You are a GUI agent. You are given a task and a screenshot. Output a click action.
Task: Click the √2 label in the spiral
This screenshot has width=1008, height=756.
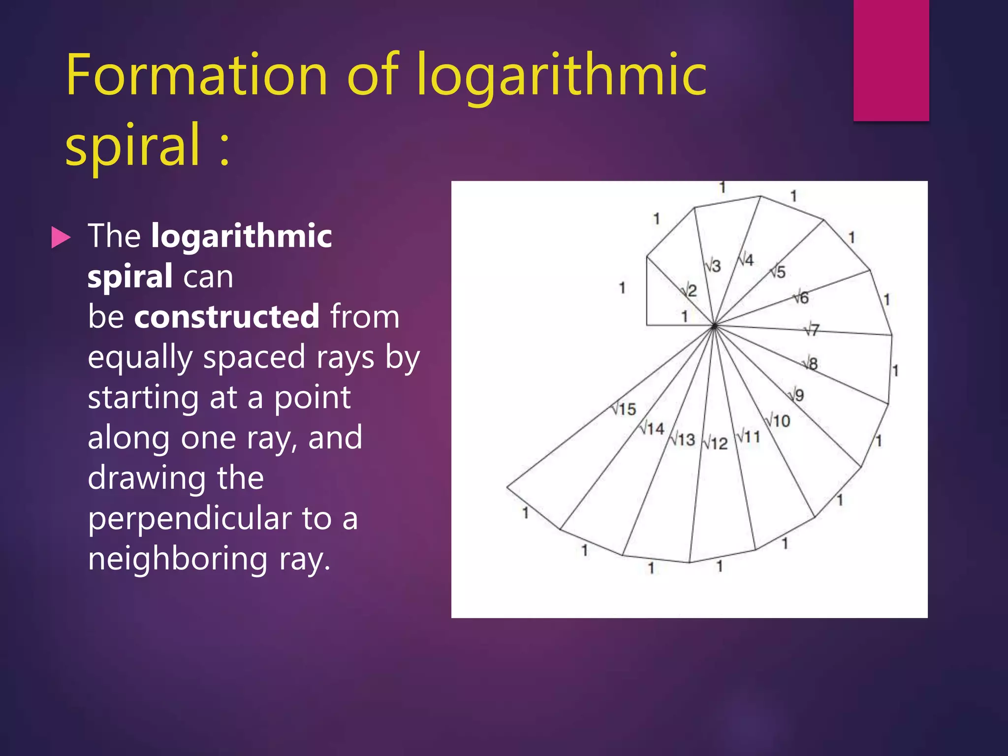tap(690, 290)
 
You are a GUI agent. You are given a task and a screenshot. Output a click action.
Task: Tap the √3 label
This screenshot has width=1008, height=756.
tap(713, 266)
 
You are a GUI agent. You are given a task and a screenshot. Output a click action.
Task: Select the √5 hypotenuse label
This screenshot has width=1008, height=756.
tap(778, 271)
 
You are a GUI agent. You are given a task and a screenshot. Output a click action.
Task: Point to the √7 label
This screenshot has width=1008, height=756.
tap(812, 329)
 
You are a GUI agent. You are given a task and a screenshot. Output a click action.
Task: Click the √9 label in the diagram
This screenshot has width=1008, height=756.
tap(797, 395)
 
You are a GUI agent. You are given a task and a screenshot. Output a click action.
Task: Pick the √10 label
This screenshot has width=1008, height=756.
tap(778, 421)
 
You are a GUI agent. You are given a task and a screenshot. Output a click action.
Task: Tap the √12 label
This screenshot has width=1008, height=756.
tap(715, 443)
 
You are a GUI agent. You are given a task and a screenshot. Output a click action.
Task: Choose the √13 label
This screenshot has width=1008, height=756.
tap(683, 439)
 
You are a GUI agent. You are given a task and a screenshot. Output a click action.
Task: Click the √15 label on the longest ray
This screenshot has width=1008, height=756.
tap(624, 409)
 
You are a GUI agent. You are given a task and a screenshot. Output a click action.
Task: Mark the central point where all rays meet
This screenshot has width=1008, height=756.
tap(714, 325)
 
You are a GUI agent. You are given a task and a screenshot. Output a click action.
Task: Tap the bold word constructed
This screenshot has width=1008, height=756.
tap(227, 316)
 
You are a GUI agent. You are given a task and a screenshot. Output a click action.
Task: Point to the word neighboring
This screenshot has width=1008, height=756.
tap(178, 559)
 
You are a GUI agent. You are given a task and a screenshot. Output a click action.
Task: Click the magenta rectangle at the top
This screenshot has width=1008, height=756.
tap(891, 60)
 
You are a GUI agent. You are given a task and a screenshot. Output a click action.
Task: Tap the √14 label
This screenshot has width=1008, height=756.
tap(653, 428)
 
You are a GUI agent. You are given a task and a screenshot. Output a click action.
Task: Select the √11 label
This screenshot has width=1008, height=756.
tap(749, 437)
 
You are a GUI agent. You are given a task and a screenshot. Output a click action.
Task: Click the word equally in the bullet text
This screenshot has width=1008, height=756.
tap(140, 357)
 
